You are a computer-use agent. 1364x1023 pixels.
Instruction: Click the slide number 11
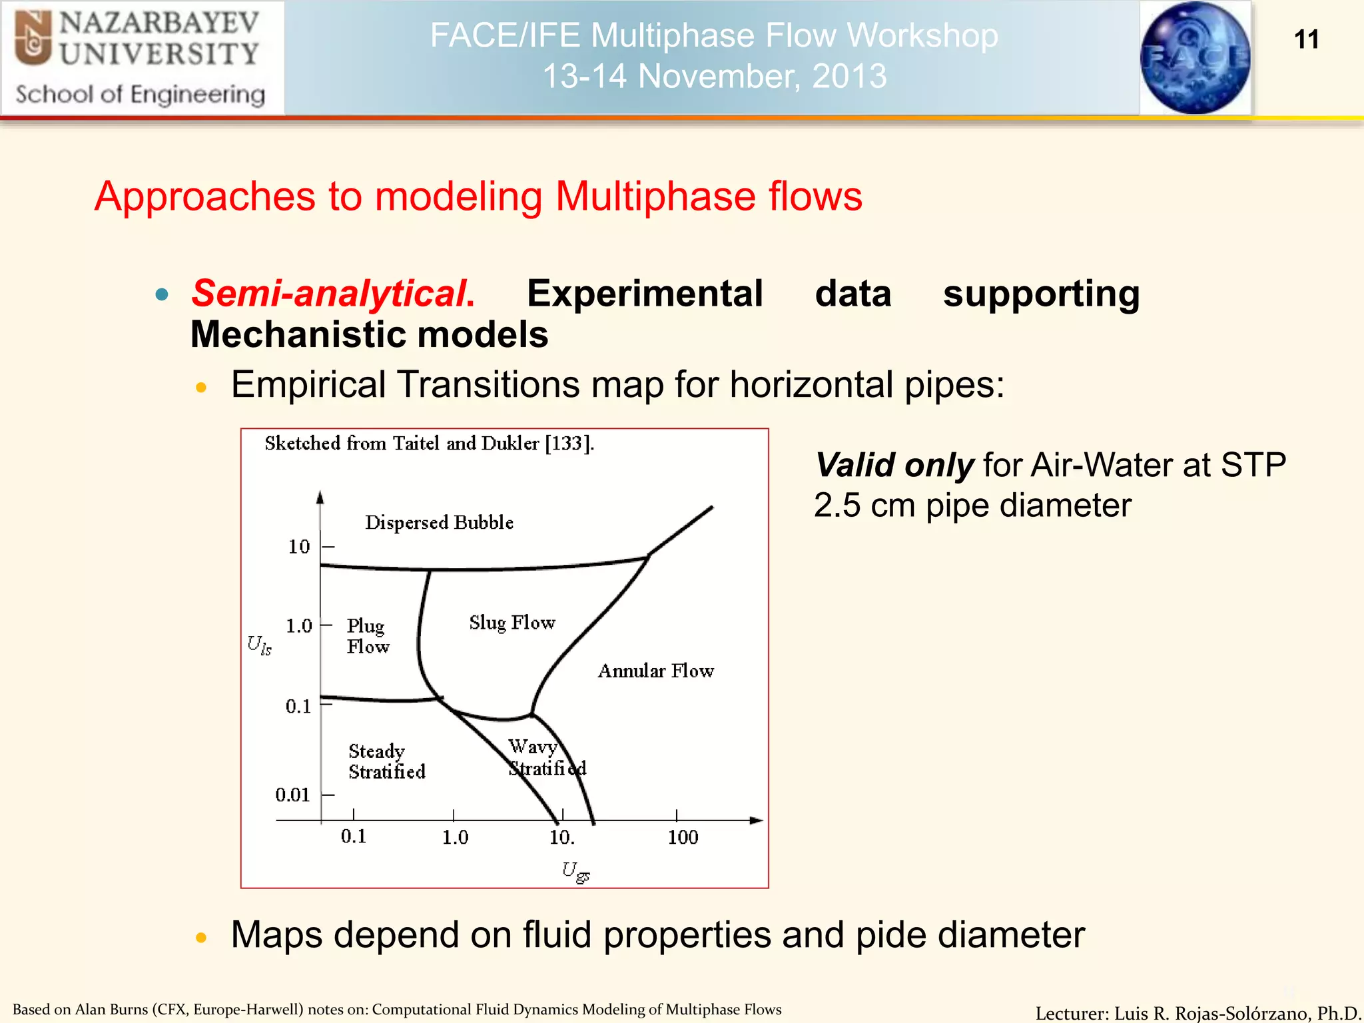pyautogui.click(x=1306, y=39)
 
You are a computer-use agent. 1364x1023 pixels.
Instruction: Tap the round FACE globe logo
pyautogui.click(x=1195, y=58)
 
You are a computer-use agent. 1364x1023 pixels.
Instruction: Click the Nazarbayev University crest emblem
pyautogui.click(x=33, y=39)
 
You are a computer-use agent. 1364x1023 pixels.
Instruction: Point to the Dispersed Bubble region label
pyautogui.click(x=439, y=523)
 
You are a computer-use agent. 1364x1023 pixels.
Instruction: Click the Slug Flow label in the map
pyautogui.click(x=511, y=623)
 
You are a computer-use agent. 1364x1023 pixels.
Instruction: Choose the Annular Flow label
pyautogui.click(x=655, y=671)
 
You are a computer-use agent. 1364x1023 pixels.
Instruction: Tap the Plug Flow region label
pyautogui.click(x=367, y=636)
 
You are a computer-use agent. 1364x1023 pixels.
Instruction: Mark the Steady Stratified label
pyautogui.click(x=386, y=761)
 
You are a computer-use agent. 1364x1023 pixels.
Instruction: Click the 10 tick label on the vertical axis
pyautogui.click(x=299, y=547)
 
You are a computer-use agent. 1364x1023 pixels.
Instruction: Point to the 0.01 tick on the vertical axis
pyautogui.click(x=292, y=795)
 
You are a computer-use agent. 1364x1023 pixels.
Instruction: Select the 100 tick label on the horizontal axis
pyautogui.click(x=683, y=838)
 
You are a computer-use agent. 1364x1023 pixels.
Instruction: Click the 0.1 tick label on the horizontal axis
pyautogui.click(x=354, y=837)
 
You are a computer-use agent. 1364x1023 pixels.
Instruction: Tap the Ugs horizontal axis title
pyautogui.click(x=575, y=871)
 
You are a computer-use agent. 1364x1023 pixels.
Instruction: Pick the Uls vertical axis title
pyautogui.click(x=259, y=645)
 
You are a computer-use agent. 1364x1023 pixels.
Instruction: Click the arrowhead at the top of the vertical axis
pyautogui.click(x=320, y=497)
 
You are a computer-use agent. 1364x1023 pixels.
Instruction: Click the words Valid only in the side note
pyautogui.click(x=894, y=465)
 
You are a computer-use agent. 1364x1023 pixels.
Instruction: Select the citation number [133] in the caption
pyautogui.click(x=567, y=444)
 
